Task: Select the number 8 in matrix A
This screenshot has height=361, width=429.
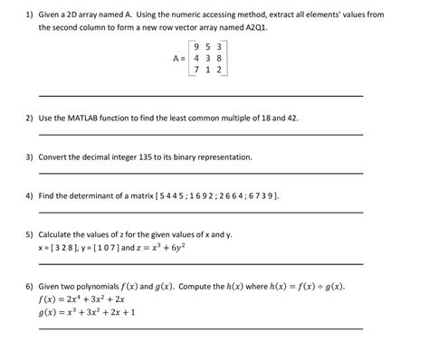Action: click(x=221, y=57)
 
